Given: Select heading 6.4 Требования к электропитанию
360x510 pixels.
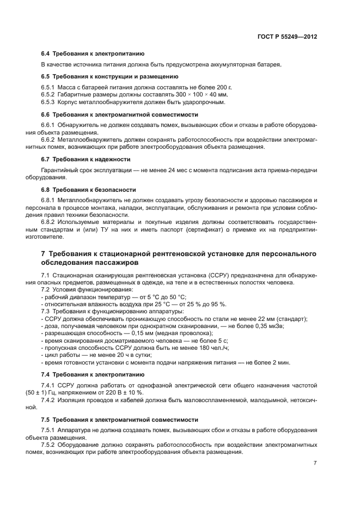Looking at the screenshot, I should pos(93,54).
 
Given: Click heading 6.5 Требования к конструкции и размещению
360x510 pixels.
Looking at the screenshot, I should pos(109,76).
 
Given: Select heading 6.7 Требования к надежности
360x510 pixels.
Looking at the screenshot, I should pos(86,159).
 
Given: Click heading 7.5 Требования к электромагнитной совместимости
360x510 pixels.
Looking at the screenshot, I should pos(120,420).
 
